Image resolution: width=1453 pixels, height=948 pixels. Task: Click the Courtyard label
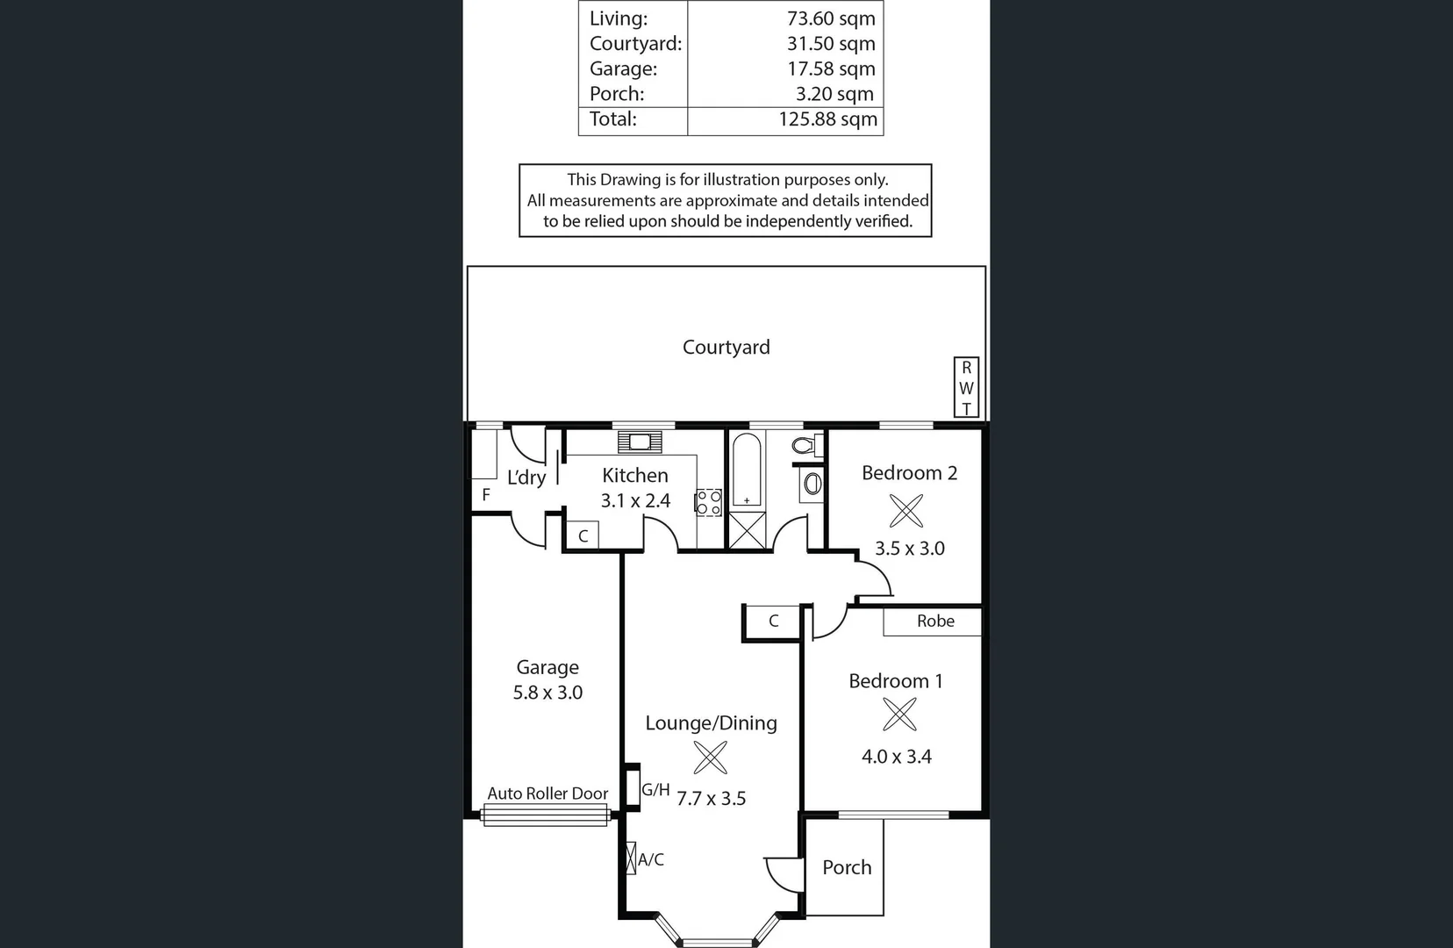pos(726,348)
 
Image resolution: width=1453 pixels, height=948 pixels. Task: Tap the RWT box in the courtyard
pos(966,388)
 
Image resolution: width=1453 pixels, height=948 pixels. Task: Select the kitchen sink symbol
pos(640,442)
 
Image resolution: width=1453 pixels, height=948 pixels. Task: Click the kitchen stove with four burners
pos(709,503)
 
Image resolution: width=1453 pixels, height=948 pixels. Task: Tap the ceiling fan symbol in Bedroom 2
pos(906,511)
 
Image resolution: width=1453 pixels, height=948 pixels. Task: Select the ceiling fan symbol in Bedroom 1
pos(899,715)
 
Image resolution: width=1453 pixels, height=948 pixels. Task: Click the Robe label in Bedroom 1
pos(935,621)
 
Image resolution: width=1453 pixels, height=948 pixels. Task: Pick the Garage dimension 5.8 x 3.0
pos(548,693)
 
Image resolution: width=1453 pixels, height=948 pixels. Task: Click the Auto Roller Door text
pos(548,794)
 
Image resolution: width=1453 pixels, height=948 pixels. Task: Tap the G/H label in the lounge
pos(655,790)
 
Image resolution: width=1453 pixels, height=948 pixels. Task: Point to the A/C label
pos(651,860)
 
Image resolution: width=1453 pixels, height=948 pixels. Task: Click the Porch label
pos(847,867)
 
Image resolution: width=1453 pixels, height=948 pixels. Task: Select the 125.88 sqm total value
pos(827,119)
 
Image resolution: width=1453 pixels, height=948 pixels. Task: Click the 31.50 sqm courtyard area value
pos(830,44)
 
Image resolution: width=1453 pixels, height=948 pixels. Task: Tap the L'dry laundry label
pos(526,478)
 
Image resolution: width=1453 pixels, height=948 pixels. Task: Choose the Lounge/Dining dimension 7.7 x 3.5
pos(711,799)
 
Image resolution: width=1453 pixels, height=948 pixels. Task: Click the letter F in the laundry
pos(486,495)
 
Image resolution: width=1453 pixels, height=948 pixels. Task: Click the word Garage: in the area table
pos(623,68)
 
